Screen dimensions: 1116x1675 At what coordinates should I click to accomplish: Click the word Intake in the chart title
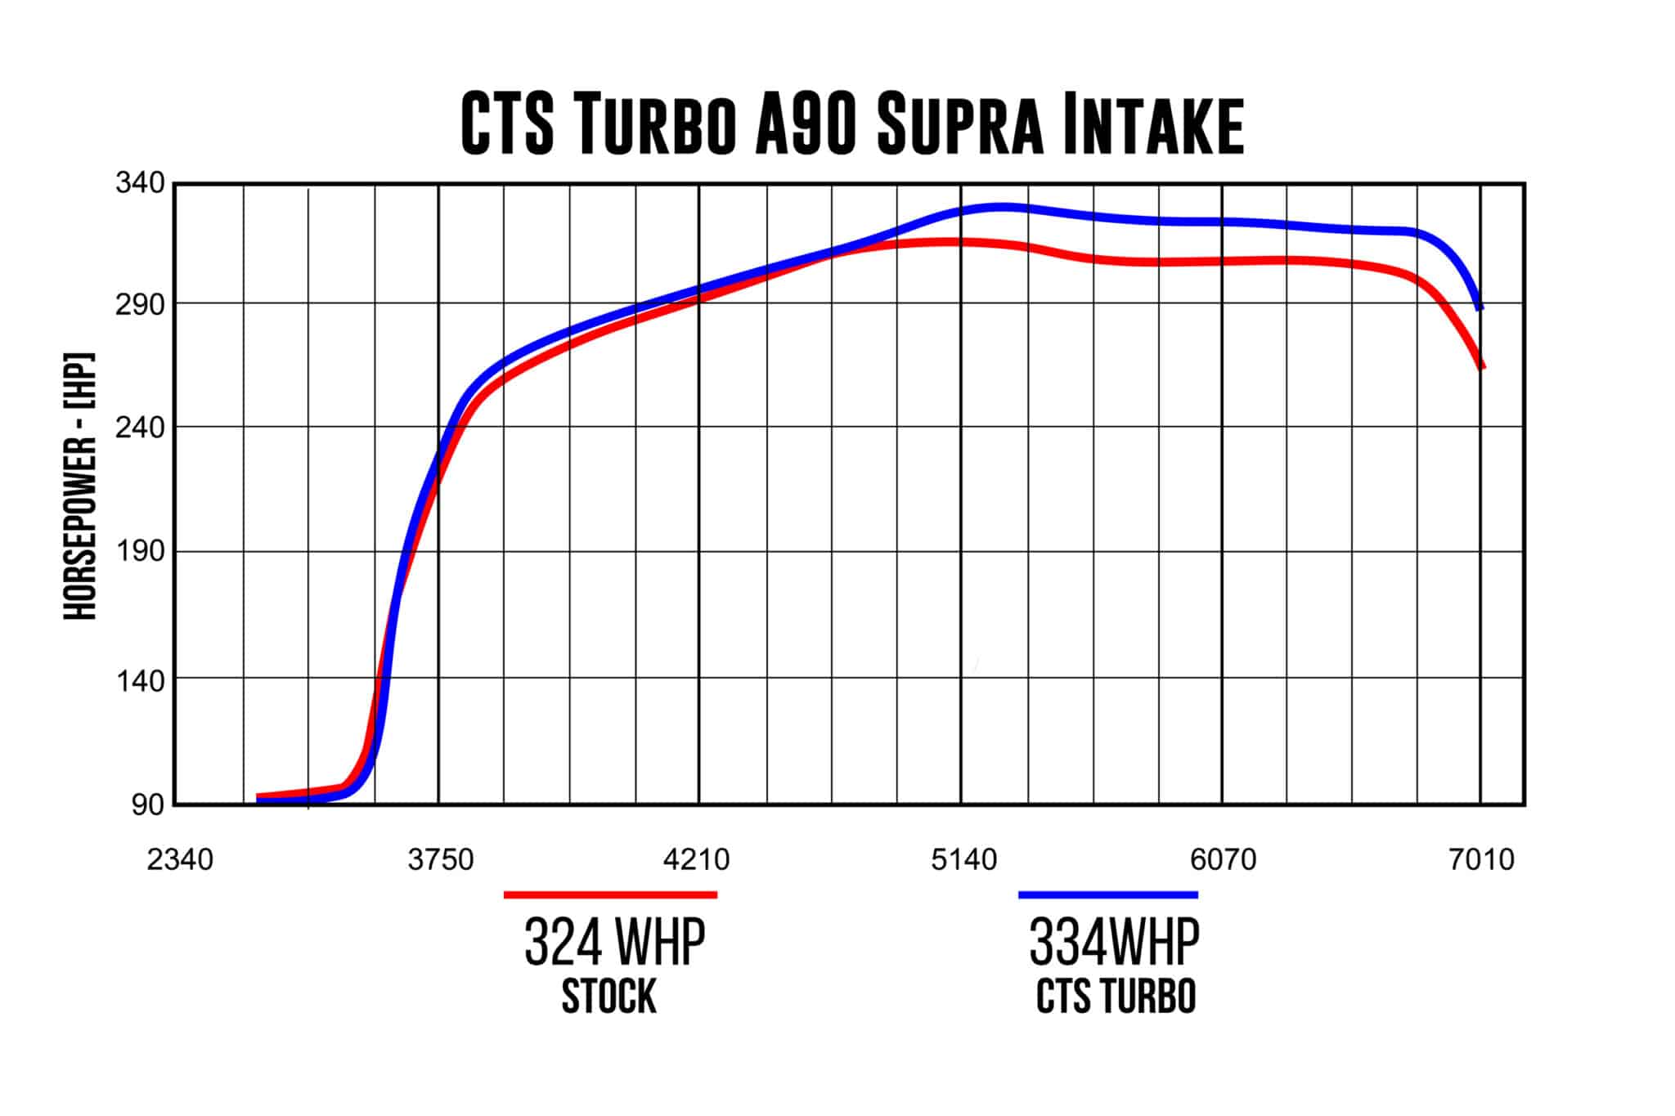(x=1153, y=124)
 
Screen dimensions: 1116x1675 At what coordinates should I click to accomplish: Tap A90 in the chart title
(x=806, y=124)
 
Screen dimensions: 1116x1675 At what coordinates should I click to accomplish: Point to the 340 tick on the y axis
(x=140, y=183)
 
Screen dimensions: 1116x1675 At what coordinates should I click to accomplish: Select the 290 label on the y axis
(x=140, y=304)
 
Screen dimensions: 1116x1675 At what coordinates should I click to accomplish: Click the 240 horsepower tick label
(x=140, y=427)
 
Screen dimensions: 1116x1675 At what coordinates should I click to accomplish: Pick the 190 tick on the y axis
(x=140, y=551)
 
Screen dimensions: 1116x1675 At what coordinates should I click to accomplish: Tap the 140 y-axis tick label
(x=140, y=679)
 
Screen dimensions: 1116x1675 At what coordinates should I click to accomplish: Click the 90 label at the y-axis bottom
(x=148, y=805)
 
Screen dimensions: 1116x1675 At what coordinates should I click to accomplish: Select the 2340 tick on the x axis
(x=180, y=859)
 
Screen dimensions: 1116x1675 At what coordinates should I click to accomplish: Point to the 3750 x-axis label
(x=441, y=859)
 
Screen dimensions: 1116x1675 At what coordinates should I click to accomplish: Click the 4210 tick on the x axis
(x=697, y=859)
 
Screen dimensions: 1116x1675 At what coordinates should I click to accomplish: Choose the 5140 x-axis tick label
(x=964, y=859)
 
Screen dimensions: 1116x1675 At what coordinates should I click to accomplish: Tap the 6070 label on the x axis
(x=1224, y=859)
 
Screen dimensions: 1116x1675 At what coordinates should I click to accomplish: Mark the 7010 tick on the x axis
(x=1482, y=859)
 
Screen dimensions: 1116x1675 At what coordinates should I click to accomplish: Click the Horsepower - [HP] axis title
(x=80, y=486)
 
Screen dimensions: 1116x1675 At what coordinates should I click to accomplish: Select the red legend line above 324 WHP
(x=610, y=895)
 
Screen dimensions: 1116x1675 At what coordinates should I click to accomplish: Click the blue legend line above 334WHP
(x=1108, y=895)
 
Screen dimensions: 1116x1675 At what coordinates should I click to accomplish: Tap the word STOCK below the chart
(x=609, y=997)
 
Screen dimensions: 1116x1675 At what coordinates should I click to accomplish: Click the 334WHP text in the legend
(x=1114, y=943)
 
